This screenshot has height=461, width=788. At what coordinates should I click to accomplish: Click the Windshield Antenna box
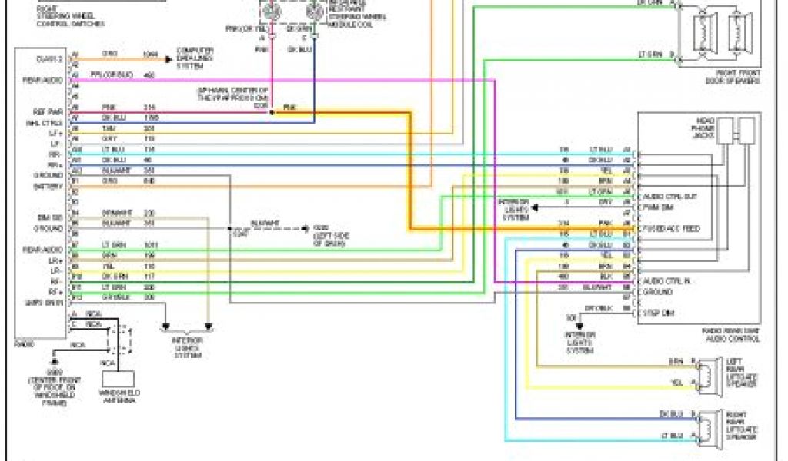[x=117, y=379]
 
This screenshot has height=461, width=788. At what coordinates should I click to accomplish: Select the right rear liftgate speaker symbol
[x=702, y=427]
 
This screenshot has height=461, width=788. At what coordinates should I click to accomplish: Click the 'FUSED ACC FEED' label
[x=671, y=228]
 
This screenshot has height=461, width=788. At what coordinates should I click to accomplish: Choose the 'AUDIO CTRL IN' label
[x=666, y=280]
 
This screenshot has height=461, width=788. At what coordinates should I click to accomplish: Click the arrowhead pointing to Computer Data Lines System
[x=171, y=55]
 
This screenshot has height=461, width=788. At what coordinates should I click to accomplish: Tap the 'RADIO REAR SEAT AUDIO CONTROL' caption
[x=731, y=334]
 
